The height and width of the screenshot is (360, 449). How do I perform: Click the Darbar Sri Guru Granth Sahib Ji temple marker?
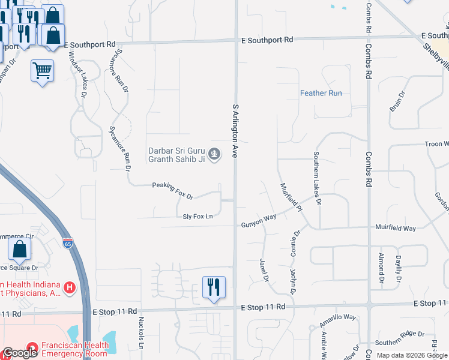coord(215,154)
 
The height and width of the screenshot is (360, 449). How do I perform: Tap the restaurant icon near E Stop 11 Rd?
coord(214,287)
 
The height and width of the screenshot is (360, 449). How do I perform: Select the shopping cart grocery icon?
coord(42,71)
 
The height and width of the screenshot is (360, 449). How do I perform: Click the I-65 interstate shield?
coord(68,244)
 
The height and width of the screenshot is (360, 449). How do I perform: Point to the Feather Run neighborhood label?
coord(321,93)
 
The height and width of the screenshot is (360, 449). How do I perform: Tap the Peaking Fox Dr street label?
coord(172,191)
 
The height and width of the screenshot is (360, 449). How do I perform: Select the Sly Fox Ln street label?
coord(198,216)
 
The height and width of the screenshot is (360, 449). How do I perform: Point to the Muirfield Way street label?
coord(395,229)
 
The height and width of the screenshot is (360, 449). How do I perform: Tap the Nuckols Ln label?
coord(142,334)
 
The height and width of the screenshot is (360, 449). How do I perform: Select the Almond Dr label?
coord(381,268)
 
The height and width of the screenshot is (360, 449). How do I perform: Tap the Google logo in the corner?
coord(20,353)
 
